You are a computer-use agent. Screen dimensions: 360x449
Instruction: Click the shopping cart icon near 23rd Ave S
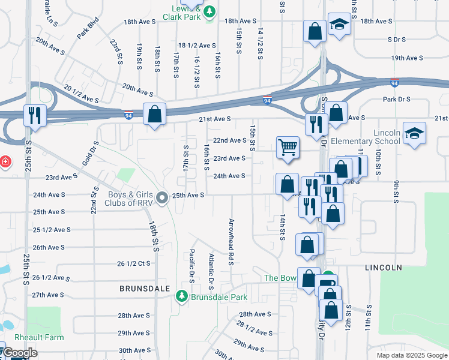coord(288,147)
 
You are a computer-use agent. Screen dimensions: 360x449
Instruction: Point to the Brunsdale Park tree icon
coord(181,296)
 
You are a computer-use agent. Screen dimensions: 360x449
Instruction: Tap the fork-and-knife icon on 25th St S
coord(34,114)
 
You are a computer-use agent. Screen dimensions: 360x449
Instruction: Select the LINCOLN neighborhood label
coord(382,266)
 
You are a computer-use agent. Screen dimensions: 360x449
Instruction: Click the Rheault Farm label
coord(40,338)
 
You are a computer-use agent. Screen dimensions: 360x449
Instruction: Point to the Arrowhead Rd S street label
coord(231,241)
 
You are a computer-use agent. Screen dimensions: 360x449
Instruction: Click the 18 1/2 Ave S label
coord(197,46)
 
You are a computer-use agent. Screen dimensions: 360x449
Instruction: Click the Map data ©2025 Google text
coord(411,355)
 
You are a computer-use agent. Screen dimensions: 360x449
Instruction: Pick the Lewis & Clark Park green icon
coord(209,13)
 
